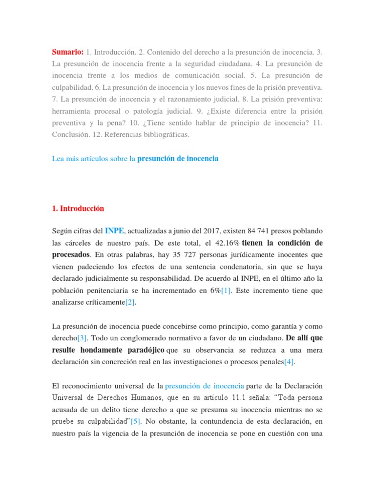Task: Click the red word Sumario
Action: (x=68, y=52)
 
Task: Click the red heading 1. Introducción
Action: (x=78, y=208)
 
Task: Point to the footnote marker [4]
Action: (x=290, y=362)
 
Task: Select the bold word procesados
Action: (x=71, y=255)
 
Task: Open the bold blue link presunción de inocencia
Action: (x=178, y=159)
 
